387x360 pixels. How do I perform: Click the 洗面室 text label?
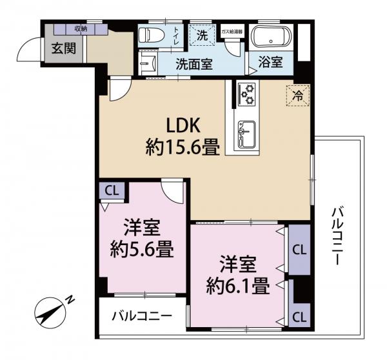point(195,63)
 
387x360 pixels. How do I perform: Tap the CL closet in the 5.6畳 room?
point(112,192)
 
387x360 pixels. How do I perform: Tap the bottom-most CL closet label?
point(299,316)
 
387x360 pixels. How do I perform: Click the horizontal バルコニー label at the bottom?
point(142,317)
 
